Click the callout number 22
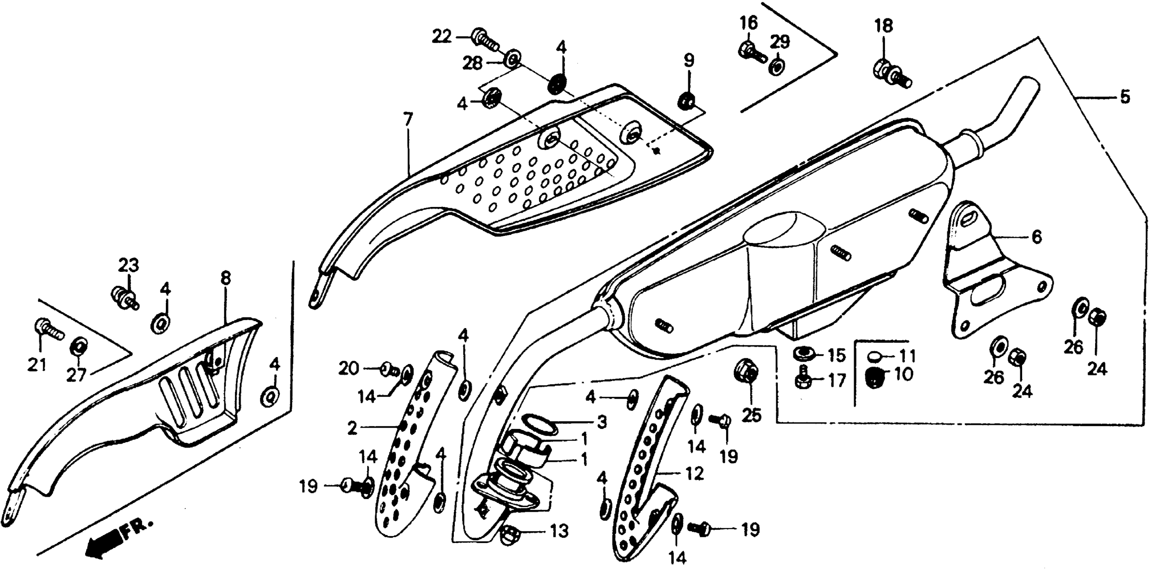click(441, 36)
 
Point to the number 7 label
click(407, 120)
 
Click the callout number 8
click(226, 278)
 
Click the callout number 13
click(559, 531)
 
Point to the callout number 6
click(1037, 237)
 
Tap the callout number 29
click(780, 42)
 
